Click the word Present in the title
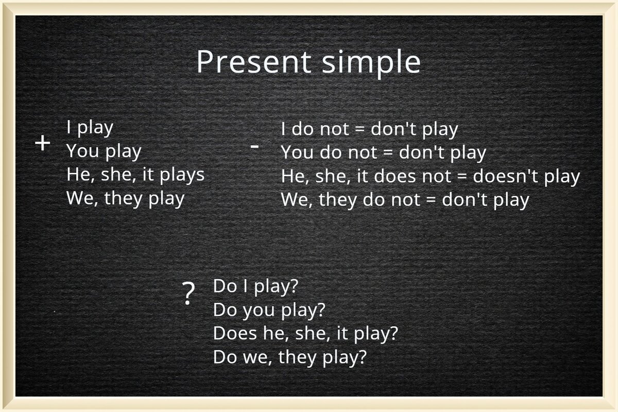pos(254,62)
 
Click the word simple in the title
pos(371,64)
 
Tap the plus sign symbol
pos(42,143)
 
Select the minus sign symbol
pos(254,147)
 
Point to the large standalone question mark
pos(188,294)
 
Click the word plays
pos(182,176)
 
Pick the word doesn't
pos(505,176)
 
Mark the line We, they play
pos(126,199)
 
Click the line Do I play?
pos(256,287)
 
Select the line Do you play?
pos(269,311)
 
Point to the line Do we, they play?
pos(290,358)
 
